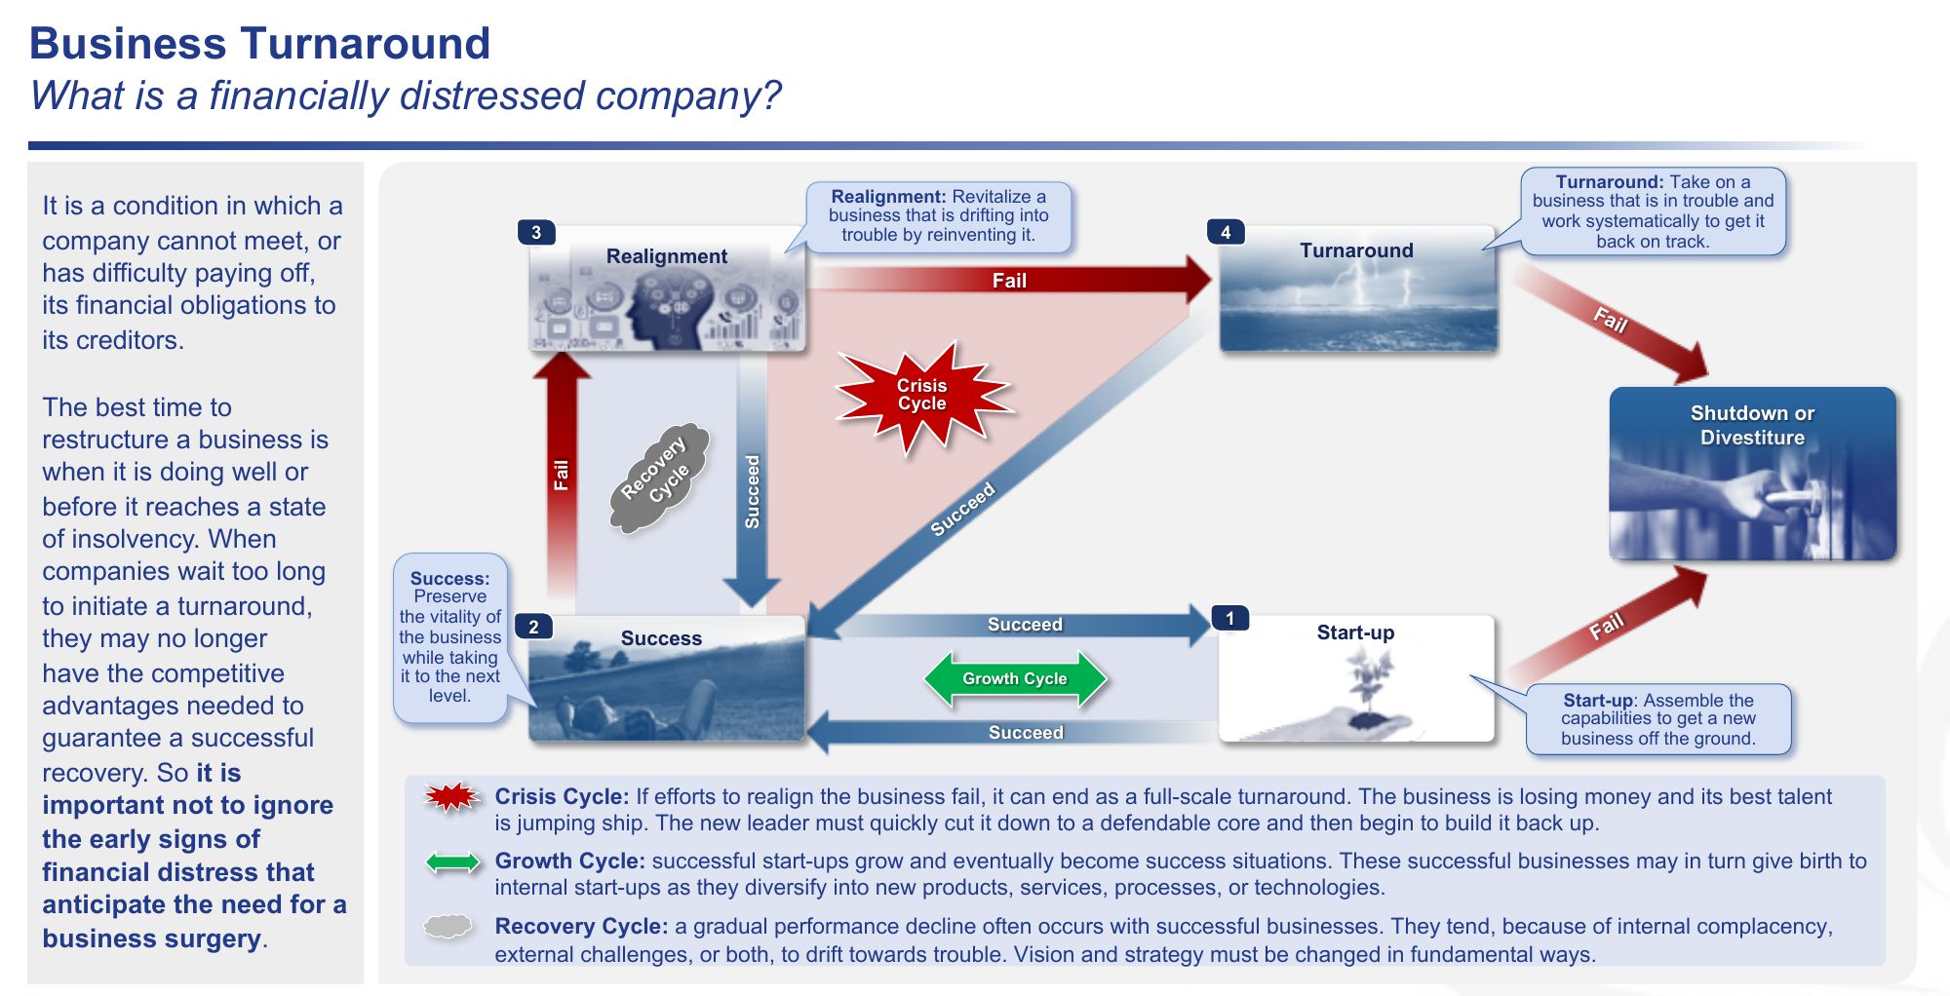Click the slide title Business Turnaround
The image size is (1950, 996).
point(259,44)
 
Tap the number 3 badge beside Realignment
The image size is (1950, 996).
point(536,233)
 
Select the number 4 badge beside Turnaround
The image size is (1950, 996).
point(1226,232)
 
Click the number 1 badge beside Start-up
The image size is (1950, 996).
point(1229,618)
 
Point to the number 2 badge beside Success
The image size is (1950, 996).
point(533,627)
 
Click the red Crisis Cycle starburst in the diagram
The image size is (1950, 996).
point(922,396)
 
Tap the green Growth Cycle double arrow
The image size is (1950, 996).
point(1014,678)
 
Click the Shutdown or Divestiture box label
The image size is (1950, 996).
point(1752,425)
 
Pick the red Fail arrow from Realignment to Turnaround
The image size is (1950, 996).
point(1009,281)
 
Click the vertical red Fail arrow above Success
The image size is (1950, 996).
point(561,474)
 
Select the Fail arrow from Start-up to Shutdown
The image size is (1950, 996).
point(1609,625)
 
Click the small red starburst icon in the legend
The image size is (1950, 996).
point(451,798)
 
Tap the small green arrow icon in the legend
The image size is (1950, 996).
point(452,862)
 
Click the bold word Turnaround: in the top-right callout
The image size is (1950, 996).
point(1609,181)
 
